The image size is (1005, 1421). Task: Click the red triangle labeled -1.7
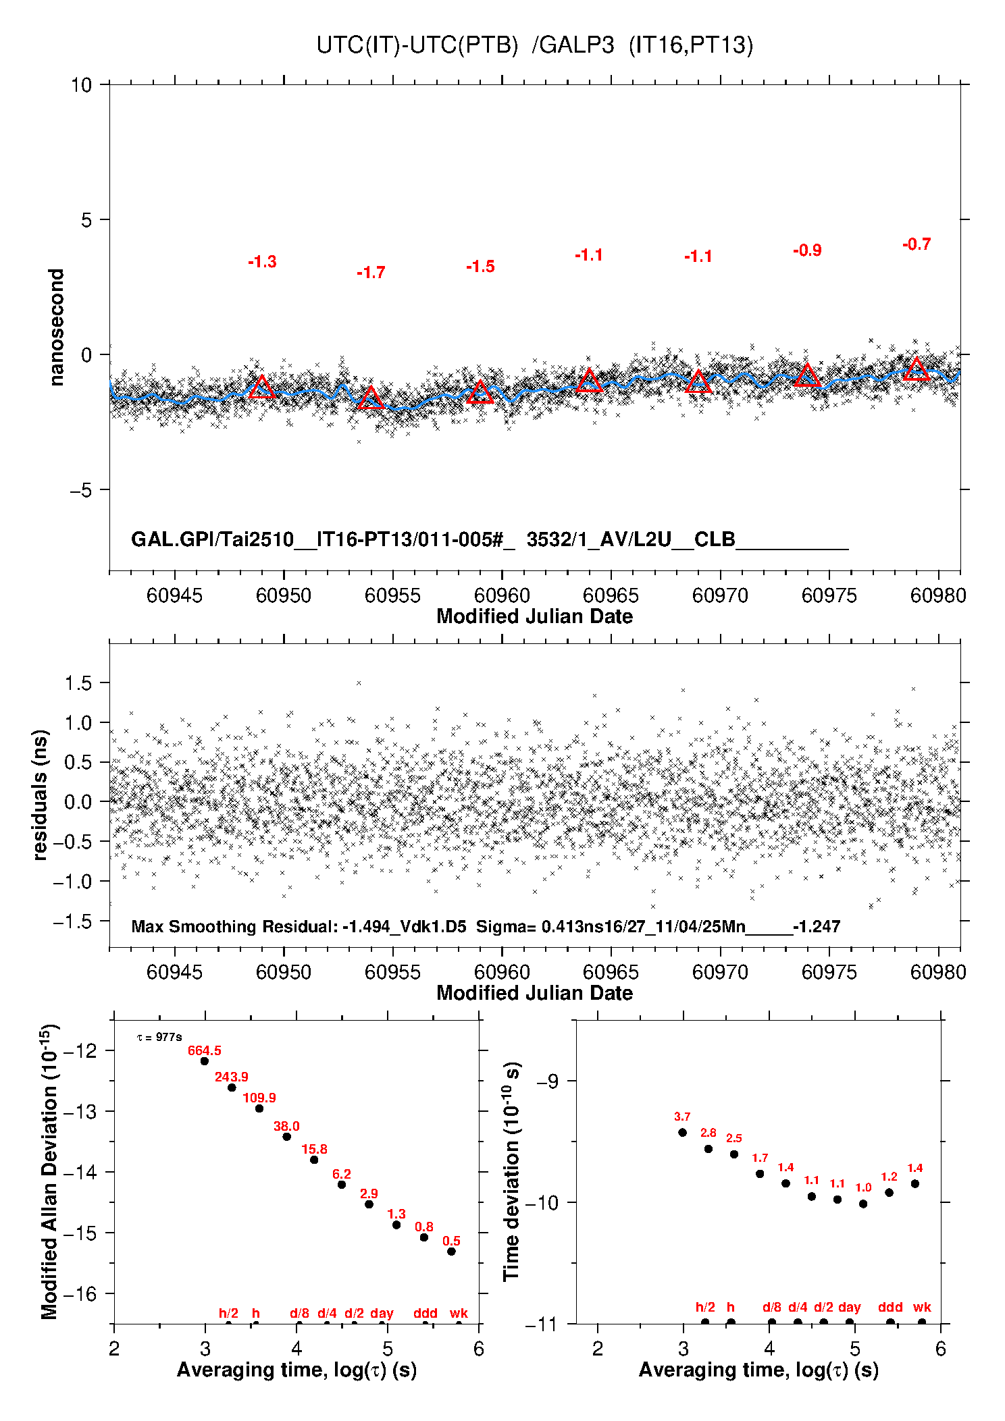(370, 398)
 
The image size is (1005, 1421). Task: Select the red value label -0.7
(917, 244)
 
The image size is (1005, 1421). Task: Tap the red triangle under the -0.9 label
(807, 376)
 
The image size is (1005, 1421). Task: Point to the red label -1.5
(480, 267)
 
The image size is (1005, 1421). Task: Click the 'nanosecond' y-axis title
(56, 327)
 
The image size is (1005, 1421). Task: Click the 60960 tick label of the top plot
(502, 595)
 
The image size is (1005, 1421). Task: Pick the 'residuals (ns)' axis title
(40, 795)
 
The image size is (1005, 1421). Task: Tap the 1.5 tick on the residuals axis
(78, 683)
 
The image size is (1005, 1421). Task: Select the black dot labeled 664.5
(205, 1061)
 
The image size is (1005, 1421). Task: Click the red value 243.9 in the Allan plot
(231, 1077)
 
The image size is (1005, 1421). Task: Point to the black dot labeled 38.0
(286, 1137)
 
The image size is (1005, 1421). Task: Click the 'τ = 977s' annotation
(159, 1037)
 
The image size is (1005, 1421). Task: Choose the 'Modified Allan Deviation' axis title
(49, 1172)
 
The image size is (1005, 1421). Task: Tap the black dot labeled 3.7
(682, 1133)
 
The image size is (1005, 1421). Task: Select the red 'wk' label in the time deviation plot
(922, 1307)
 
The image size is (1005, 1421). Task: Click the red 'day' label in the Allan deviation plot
(382, 1313)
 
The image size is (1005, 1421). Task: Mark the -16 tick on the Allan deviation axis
(82, 1293)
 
